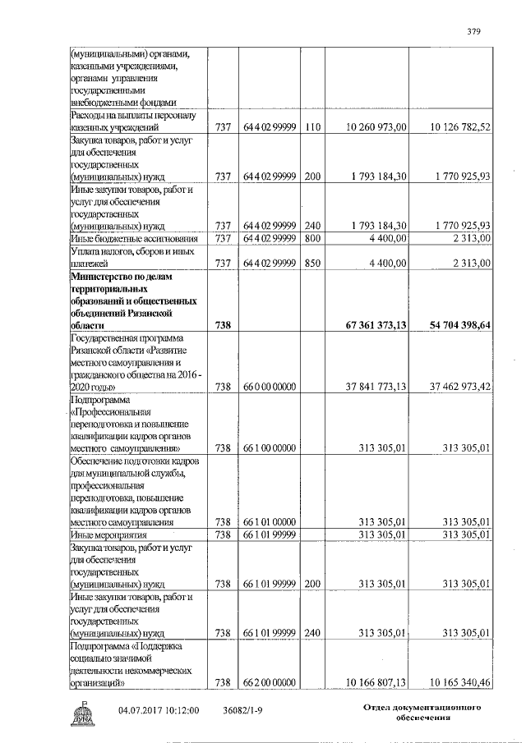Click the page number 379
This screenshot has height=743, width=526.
473,32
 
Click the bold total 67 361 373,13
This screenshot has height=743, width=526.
371,325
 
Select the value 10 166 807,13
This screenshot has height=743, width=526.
373,681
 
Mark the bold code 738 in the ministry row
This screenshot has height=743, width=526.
223,325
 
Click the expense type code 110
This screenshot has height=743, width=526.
311,127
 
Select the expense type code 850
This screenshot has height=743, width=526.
311,263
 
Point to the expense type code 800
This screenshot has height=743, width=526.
311,238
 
